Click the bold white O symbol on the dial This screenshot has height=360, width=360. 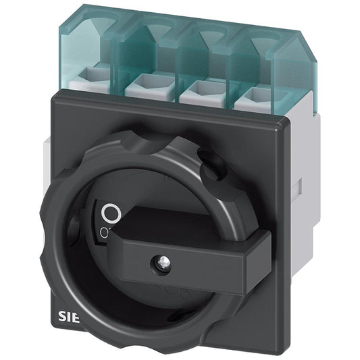(111, 214)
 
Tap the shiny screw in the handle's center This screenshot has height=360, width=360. (163, 259)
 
